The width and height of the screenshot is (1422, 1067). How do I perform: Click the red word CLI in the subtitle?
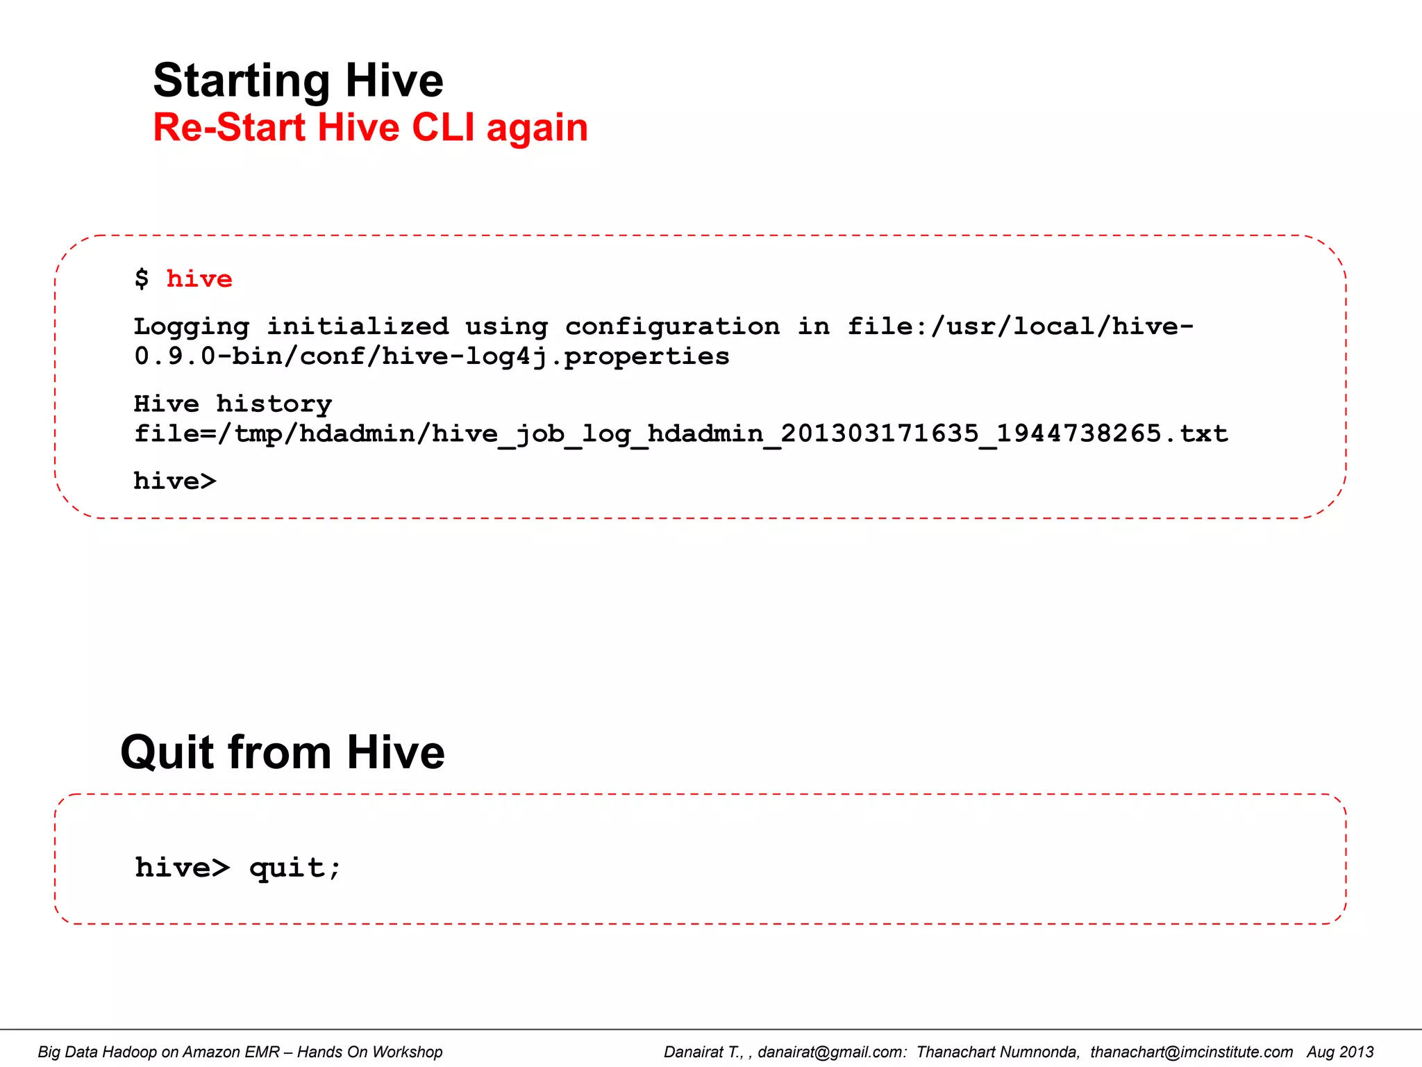[x=443, y=128]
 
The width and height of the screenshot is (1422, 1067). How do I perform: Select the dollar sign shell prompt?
[x=142, y=279]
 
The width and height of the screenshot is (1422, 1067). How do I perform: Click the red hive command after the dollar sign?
[x=199, y=279]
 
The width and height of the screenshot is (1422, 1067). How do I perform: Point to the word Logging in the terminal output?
[x=192, y=327]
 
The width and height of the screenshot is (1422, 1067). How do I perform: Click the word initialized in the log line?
[x=358, y=326]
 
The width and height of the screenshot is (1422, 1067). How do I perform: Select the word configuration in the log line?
[x=671, y=327]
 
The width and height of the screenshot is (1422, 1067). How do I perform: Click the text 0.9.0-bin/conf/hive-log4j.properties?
[x=431, y=356]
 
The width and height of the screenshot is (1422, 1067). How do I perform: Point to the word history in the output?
[x=274, y=404]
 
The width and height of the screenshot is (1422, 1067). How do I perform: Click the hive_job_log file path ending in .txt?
[x=680, y=434]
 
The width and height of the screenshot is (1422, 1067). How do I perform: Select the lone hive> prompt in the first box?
[x=175, y=481]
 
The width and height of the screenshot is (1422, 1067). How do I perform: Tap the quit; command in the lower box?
[x=295, y=868]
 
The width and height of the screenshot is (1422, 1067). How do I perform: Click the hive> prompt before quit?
[x=182, y=868]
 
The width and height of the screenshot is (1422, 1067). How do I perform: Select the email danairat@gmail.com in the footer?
[x=831, y=1052]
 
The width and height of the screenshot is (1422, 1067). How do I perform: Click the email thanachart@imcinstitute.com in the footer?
[x=1191, y=1052]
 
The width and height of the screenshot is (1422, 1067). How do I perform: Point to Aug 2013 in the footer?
[x=1339, y=1052]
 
